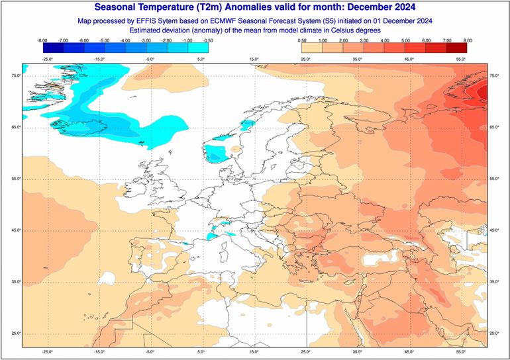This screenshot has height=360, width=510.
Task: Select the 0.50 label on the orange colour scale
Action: (x=301, y=41)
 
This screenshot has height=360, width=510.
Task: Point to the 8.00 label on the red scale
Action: (x=468, y=41)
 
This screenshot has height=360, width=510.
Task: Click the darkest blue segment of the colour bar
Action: (x=54, y=48)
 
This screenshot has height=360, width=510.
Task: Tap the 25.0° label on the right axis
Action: (x=493, y=334)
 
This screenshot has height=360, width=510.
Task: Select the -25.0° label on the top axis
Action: (x=47, y=60)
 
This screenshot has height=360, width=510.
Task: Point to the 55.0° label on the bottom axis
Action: (x=460, y=352)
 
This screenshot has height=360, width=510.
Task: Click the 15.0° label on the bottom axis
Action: (x=254, y=352)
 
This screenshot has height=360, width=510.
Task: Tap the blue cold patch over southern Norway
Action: (x=216, y=154)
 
